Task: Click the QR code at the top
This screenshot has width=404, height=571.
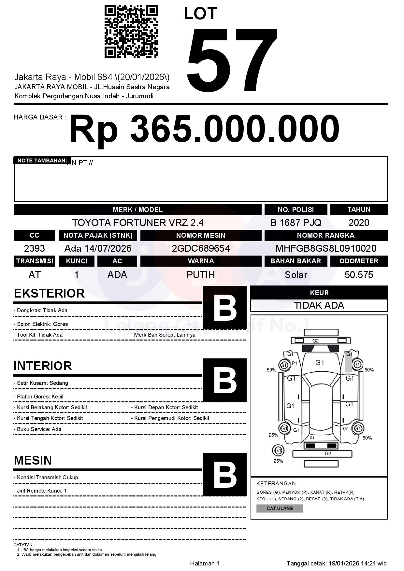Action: (x=131, y=31)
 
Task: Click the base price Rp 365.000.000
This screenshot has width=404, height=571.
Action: (x=204, y=129)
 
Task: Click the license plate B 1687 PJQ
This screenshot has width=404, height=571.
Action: (x=296, y=223)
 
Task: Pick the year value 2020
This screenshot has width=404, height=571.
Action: (x=359, y=223)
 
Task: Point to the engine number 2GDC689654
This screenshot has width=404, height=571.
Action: (x=201, y=248)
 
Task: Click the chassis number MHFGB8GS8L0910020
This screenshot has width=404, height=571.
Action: (x=326, y=248)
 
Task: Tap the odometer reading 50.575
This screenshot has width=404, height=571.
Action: (x=359, y=275)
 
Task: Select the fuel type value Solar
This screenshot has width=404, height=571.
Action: (x=296, y=275)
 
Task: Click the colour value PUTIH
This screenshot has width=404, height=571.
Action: (x=201, y=275)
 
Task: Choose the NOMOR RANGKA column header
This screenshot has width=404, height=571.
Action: (x=326, y=235)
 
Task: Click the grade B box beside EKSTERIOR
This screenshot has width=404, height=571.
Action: (x=225, y=307)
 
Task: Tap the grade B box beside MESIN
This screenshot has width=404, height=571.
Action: (x=225, y=474)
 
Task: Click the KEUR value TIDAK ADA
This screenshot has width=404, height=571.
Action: (x=319, y=305)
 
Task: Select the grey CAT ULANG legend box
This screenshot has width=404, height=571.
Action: (x=280, y=508)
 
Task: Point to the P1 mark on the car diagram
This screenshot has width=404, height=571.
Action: (x=294, y=363)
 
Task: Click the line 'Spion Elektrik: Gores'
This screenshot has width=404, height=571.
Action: (x=41, y=324)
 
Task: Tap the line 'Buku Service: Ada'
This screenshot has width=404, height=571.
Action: (x=37, y=429)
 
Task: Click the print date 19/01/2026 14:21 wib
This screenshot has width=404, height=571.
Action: (x=357, y=563)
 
